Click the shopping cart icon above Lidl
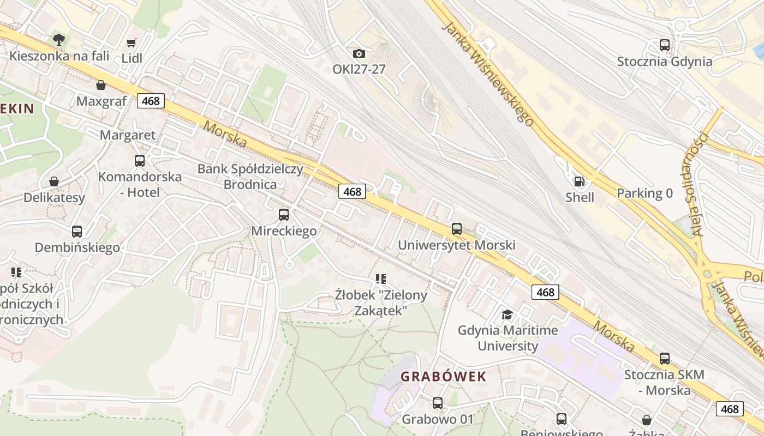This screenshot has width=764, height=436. (x=131, y=43)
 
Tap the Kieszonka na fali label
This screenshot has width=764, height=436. (x=59, y=56)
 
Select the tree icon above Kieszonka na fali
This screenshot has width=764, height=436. (x=59, y=39)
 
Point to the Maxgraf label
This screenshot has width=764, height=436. (x=102, y=101)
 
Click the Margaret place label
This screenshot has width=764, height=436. (x=128, y=135)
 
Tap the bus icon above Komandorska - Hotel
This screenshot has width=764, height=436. (x=140, y=161)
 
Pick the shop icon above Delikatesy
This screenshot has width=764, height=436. (x=54, y=181)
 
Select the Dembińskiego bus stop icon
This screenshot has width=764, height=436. (x=77, y=232)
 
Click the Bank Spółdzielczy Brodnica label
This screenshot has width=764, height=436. (x=250, y=176)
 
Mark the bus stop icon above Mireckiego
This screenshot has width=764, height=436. (x=284, y=215)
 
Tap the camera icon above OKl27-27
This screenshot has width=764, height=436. (x=359, y=53)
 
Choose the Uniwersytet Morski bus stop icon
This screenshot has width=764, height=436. (x=457, y=229)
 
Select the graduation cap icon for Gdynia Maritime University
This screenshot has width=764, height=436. (x=508, y=314)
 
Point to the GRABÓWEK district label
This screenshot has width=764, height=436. (x=443, y=376)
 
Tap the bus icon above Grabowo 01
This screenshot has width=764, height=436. (x=438, y=403)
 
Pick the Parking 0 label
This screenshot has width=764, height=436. (x=644, y=193)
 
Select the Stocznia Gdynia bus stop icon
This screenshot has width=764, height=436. (x=665, y=45)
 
